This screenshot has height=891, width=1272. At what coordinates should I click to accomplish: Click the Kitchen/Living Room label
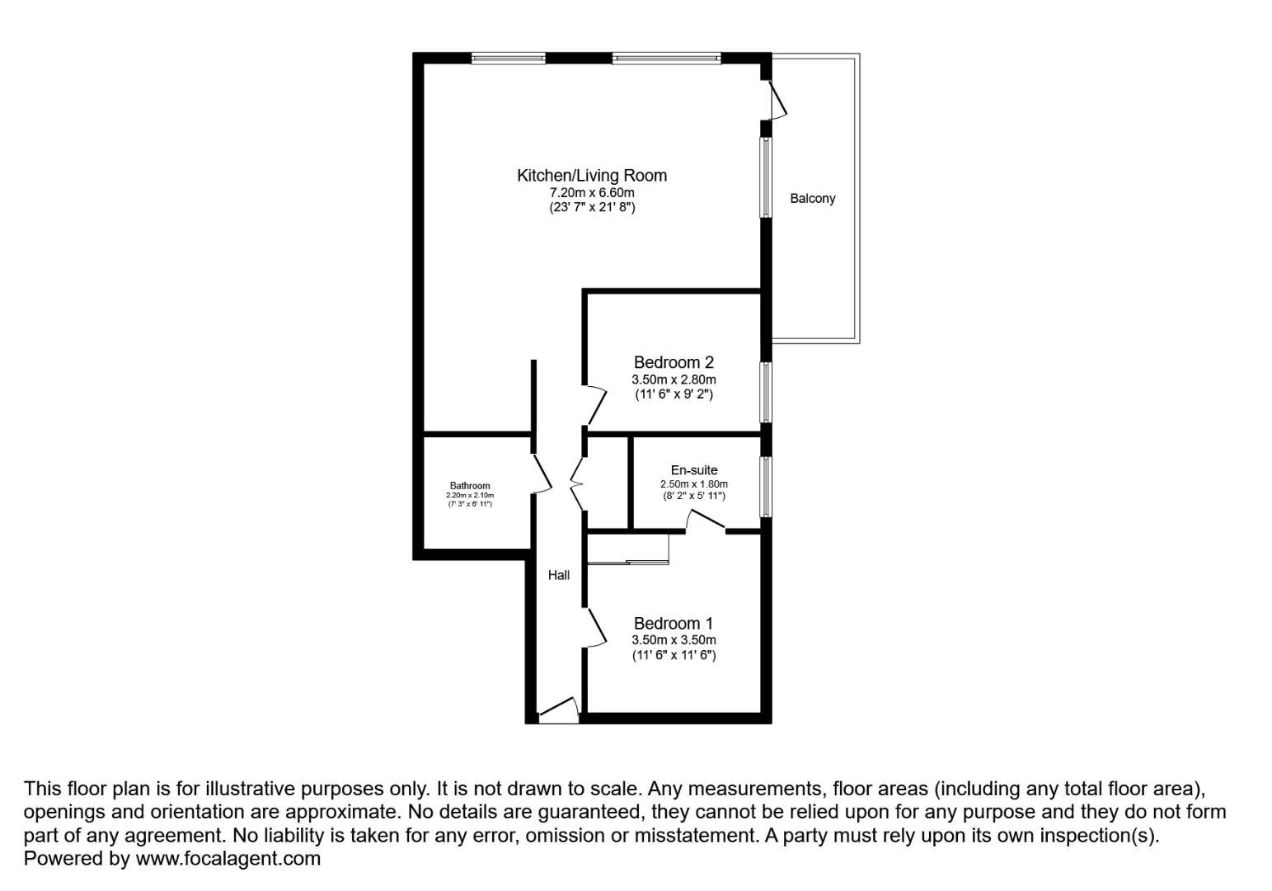pos(592,176)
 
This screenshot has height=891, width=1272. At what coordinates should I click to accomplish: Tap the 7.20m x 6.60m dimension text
pos(592,192)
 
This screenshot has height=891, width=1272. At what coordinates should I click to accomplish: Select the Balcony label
pos(813,198)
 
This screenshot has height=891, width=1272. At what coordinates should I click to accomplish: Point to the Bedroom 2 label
pos(674,362)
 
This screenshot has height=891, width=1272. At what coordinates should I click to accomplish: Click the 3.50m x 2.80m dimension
pos(674,379)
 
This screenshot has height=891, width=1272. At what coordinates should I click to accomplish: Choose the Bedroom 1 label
pos(674,624)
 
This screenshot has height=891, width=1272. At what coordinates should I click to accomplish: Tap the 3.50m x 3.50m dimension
pos(674,640)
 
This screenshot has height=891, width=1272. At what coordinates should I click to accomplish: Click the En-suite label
pos(694,470)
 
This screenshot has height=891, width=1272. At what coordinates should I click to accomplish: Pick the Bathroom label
pos(470,485)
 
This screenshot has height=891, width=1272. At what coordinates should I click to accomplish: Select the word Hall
pos(559,575)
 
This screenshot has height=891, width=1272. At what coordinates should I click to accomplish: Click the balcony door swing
pos(778,100)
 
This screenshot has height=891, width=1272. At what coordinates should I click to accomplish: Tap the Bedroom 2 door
pos(596,405)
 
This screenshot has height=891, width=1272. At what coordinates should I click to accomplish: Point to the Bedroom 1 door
pos(596,628)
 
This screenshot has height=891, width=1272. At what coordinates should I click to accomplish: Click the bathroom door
pos(542,474)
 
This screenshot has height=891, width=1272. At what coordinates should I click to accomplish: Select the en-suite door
pos(706,520)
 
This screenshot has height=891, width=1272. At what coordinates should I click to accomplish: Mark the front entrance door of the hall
pos(559,709)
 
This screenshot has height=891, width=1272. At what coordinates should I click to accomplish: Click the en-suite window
pos(766,487)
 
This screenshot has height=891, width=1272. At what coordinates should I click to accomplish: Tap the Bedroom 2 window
pos(766,393)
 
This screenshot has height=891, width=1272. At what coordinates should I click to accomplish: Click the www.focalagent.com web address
pos(228,858)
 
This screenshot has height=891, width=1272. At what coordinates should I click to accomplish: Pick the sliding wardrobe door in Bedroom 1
pos(628,562)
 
